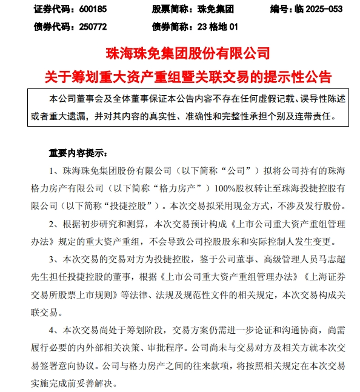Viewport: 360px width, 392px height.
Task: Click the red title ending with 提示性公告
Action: [179, 76]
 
